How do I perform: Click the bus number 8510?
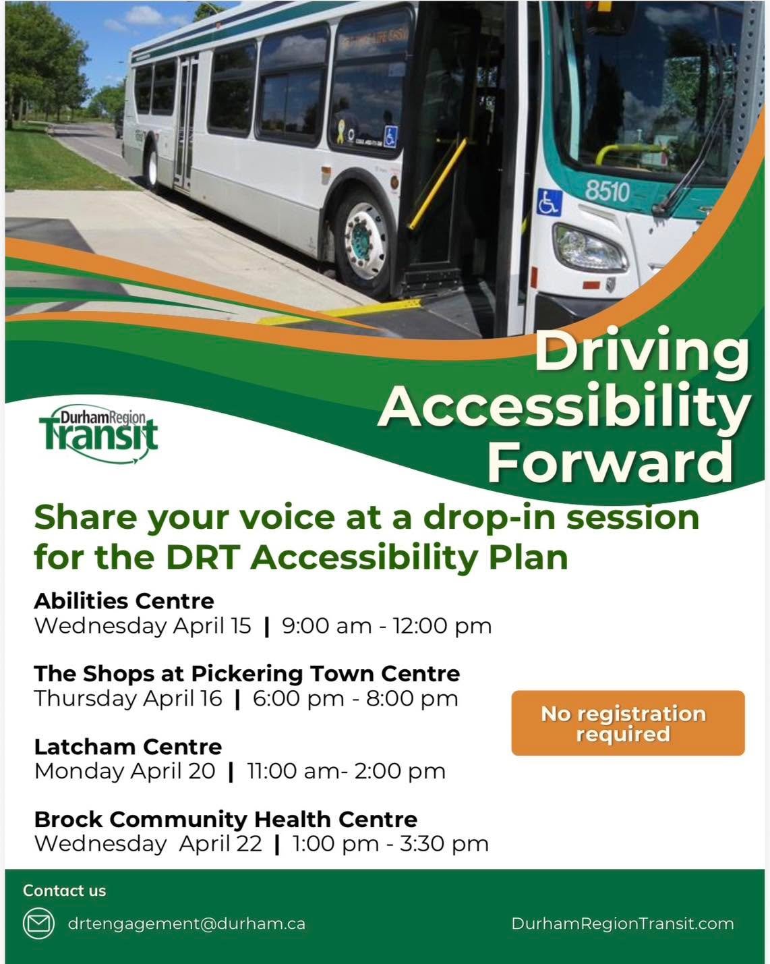607,192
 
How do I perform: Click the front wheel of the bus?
365,237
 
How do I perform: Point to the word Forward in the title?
610,462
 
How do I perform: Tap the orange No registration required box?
628,723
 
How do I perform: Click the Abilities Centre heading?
124,600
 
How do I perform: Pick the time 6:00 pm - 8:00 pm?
355,699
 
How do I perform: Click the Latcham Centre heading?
128,747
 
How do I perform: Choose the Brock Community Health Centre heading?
226,819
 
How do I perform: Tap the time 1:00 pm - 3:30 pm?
390,844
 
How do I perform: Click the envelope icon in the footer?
39,924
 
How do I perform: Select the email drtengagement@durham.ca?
187,924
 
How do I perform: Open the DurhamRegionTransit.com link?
622,924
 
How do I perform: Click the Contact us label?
65,890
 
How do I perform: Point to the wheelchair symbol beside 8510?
549,202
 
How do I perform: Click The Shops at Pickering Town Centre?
247,673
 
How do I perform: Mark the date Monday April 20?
125,771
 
